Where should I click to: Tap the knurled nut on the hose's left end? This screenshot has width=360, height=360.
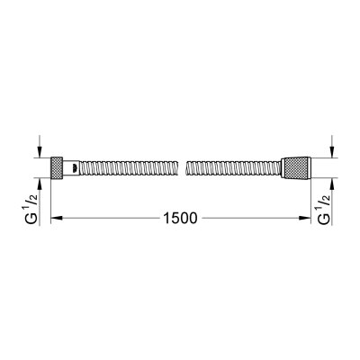59,167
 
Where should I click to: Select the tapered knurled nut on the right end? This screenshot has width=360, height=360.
295,167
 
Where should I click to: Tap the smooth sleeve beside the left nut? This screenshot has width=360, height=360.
73,167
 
